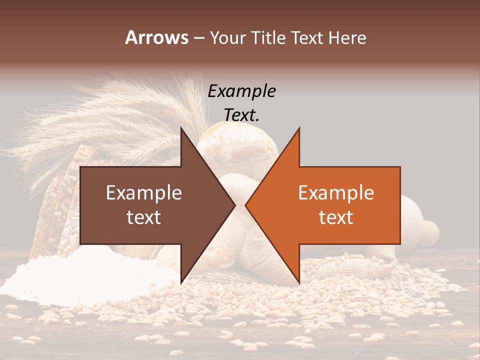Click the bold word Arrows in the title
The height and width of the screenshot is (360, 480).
coord(156,37)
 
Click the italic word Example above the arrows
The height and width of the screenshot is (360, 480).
coord(241,91)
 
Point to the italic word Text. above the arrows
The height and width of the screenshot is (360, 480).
coord(241,115)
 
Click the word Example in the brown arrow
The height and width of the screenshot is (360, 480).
coord(144,193)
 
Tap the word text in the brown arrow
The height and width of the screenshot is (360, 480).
coord(144,217)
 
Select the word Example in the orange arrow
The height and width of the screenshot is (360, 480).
coord(336,193)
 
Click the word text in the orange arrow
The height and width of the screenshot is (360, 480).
coord(336,217)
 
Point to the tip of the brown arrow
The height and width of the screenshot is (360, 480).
coord(235,205)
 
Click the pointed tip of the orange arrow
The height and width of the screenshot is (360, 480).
coord(245,205)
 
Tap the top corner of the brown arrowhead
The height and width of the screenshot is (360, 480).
coord(181,127)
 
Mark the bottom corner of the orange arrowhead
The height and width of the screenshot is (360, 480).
coord(299,283)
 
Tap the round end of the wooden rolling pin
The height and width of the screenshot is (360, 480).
coord(427,233)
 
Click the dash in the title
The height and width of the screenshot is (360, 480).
coord(198,37)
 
